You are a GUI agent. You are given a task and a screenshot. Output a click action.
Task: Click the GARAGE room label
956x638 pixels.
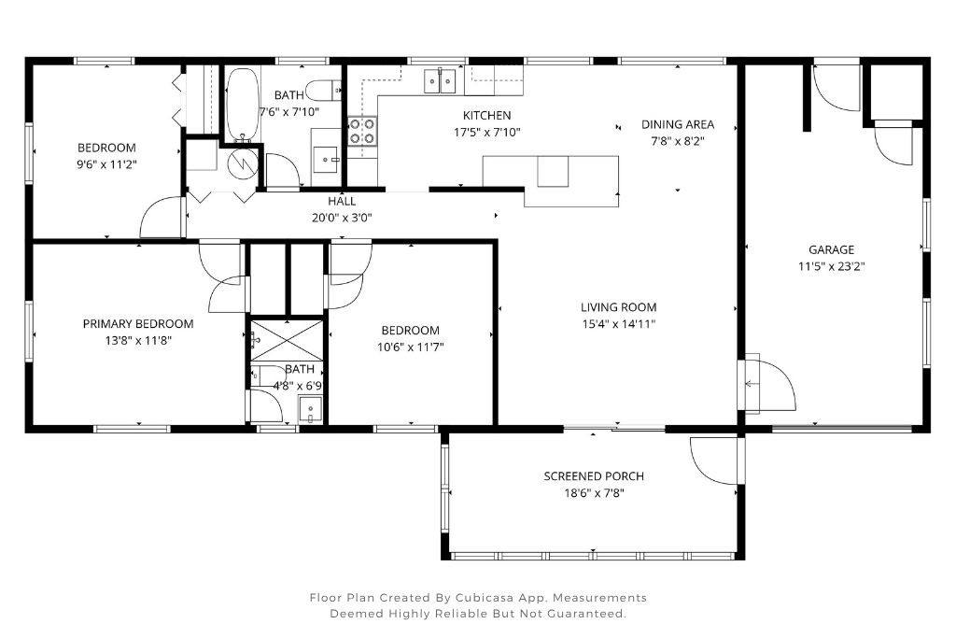point(831,249)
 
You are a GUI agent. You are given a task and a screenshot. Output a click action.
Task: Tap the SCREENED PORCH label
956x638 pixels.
point(594,476)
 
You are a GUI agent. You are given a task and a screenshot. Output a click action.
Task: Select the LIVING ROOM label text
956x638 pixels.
point(618,307)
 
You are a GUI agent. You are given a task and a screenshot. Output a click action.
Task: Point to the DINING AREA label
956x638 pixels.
point(677,124)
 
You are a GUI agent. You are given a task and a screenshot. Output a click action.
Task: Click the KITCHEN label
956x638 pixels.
point(486,115)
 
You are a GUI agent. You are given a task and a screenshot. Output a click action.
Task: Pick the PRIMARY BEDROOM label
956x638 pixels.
point(138,324)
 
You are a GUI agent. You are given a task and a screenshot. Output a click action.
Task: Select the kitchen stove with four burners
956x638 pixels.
point(362,131)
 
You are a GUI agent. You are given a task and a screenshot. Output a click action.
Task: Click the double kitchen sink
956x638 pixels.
point(440,81)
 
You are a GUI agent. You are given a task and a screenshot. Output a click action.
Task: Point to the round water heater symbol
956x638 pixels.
point(242,163)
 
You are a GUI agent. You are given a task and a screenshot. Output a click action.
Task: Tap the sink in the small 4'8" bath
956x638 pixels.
point(310,409)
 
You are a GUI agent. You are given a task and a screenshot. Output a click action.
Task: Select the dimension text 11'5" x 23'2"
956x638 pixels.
point(831,266)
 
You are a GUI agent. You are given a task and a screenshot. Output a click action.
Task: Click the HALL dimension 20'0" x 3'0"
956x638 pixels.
point(342,218)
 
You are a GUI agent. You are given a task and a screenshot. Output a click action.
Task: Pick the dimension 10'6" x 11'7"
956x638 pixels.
point(411,347)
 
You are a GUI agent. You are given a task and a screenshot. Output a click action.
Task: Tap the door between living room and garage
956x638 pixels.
point(767,383)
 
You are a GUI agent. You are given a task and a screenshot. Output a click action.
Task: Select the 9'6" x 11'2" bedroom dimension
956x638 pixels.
point(106,164)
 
